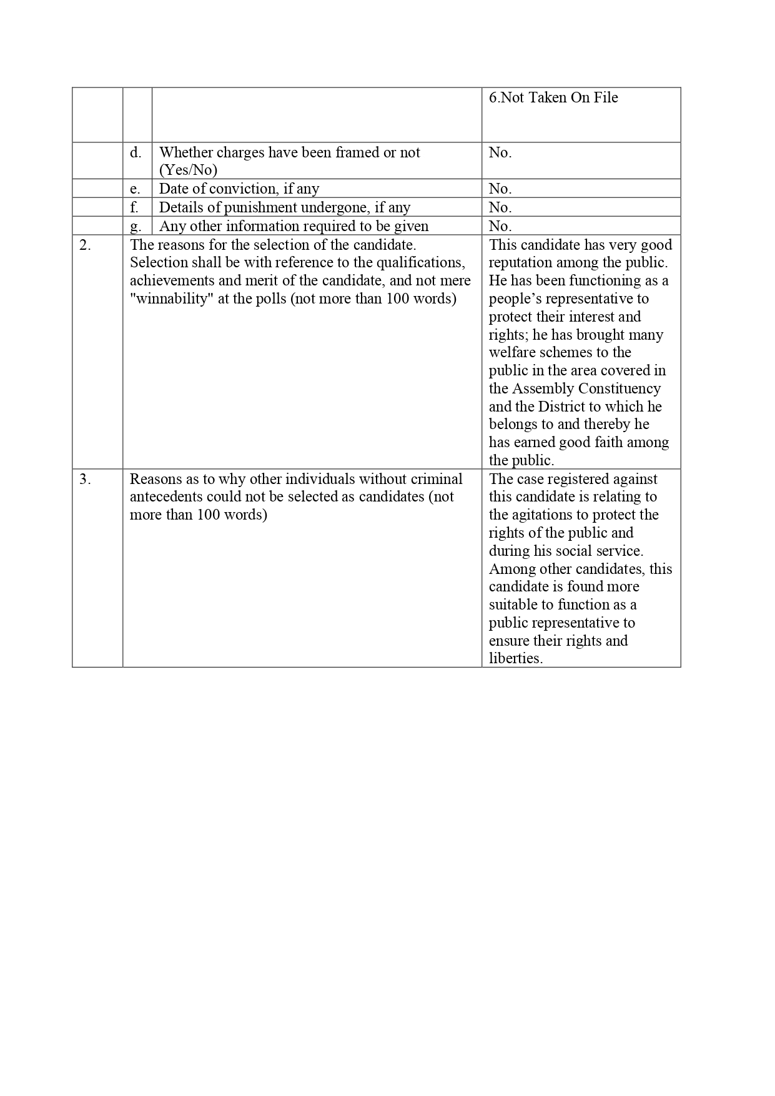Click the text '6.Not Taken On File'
553,98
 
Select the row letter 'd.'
136,153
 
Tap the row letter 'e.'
136,189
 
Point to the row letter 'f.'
134,207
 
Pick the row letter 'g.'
136,226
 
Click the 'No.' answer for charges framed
500,153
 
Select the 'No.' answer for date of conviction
500,189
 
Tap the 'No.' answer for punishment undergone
500,207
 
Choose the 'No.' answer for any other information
500,226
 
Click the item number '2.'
85,245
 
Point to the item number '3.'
85,479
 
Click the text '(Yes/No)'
188,170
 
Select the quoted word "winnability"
172,299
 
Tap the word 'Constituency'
619,389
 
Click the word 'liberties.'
516,658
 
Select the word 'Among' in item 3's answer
509,569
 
